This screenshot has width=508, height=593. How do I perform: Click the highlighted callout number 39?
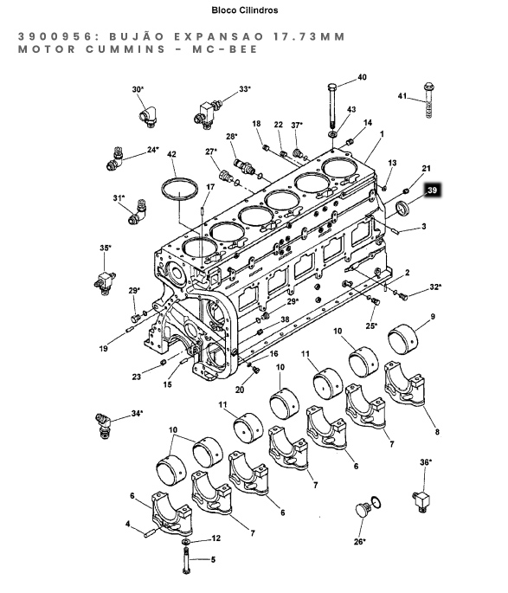coord(432,190)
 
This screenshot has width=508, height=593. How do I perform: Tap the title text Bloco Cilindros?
coord(245,10)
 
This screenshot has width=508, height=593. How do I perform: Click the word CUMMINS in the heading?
coord(125,49)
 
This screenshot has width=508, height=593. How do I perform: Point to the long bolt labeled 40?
coord(332,105)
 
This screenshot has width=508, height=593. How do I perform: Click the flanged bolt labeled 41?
coord(428,100)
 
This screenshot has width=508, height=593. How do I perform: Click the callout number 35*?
coord(106,248)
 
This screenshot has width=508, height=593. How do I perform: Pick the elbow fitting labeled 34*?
coord(103,425)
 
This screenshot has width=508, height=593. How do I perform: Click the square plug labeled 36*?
coord(423,502)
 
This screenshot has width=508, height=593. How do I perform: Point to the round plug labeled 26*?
coord(364,510)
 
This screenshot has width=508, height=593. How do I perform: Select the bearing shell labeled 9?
coord(403,339)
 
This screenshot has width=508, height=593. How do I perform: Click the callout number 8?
coord(437,431)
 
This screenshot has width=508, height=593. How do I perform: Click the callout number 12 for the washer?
coord(215,538)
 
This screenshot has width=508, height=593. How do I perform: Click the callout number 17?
coord(210,187)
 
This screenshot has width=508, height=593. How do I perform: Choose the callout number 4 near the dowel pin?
coord(128,524)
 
